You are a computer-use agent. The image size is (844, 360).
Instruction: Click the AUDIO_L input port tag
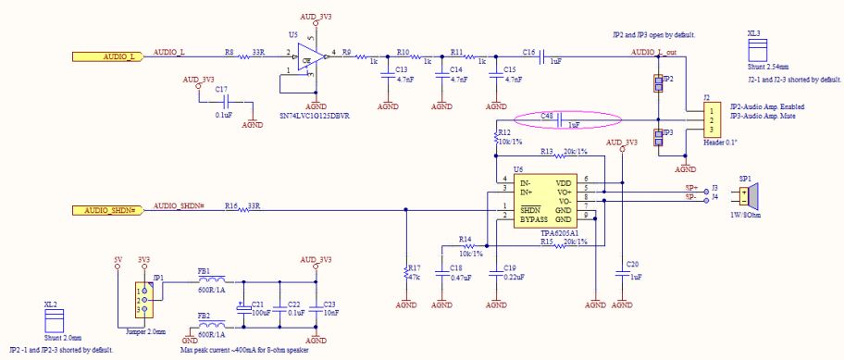point(109,56)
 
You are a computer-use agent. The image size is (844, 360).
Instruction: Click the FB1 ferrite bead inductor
point(212,279)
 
